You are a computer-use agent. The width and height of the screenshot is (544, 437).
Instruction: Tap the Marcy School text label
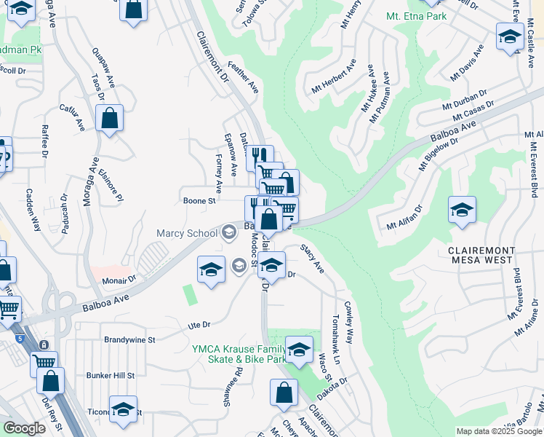tap(187, 233)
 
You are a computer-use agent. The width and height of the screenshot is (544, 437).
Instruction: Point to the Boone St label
tap(199, 200)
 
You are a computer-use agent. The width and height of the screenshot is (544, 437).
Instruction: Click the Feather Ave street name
tap(243, 76)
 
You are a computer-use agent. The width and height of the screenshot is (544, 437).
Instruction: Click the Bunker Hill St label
tap(109, 375)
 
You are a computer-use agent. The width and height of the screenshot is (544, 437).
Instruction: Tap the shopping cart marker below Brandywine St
tap(44, 362)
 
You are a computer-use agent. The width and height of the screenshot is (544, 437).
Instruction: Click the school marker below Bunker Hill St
tap(123, 410)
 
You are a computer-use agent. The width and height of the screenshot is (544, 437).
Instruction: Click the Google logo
tap(24, 428)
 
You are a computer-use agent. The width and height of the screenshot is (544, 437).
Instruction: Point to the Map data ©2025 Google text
tap(499, 431)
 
